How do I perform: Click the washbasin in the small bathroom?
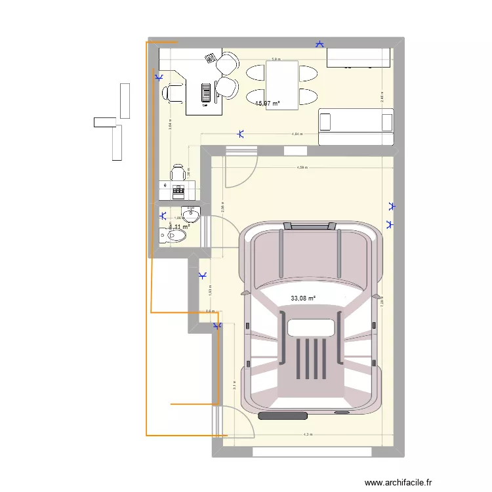click(x=190, y=215)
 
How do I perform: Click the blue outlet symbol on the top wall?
click(x=319, y=44)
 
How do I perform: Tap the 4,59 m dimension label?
click(x=302, y=168)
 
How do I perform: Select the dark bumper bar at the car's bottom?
click(x=284, y=415)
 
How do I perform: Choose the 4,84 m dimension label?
click(x=297, y=134)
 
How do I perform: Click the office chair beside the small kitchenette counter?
click(x=177, y=172)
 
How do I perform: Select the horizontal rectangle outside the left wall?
click(x=104, y=122)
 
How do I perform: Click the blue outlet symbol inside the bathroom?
click(x=162, y=215)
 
